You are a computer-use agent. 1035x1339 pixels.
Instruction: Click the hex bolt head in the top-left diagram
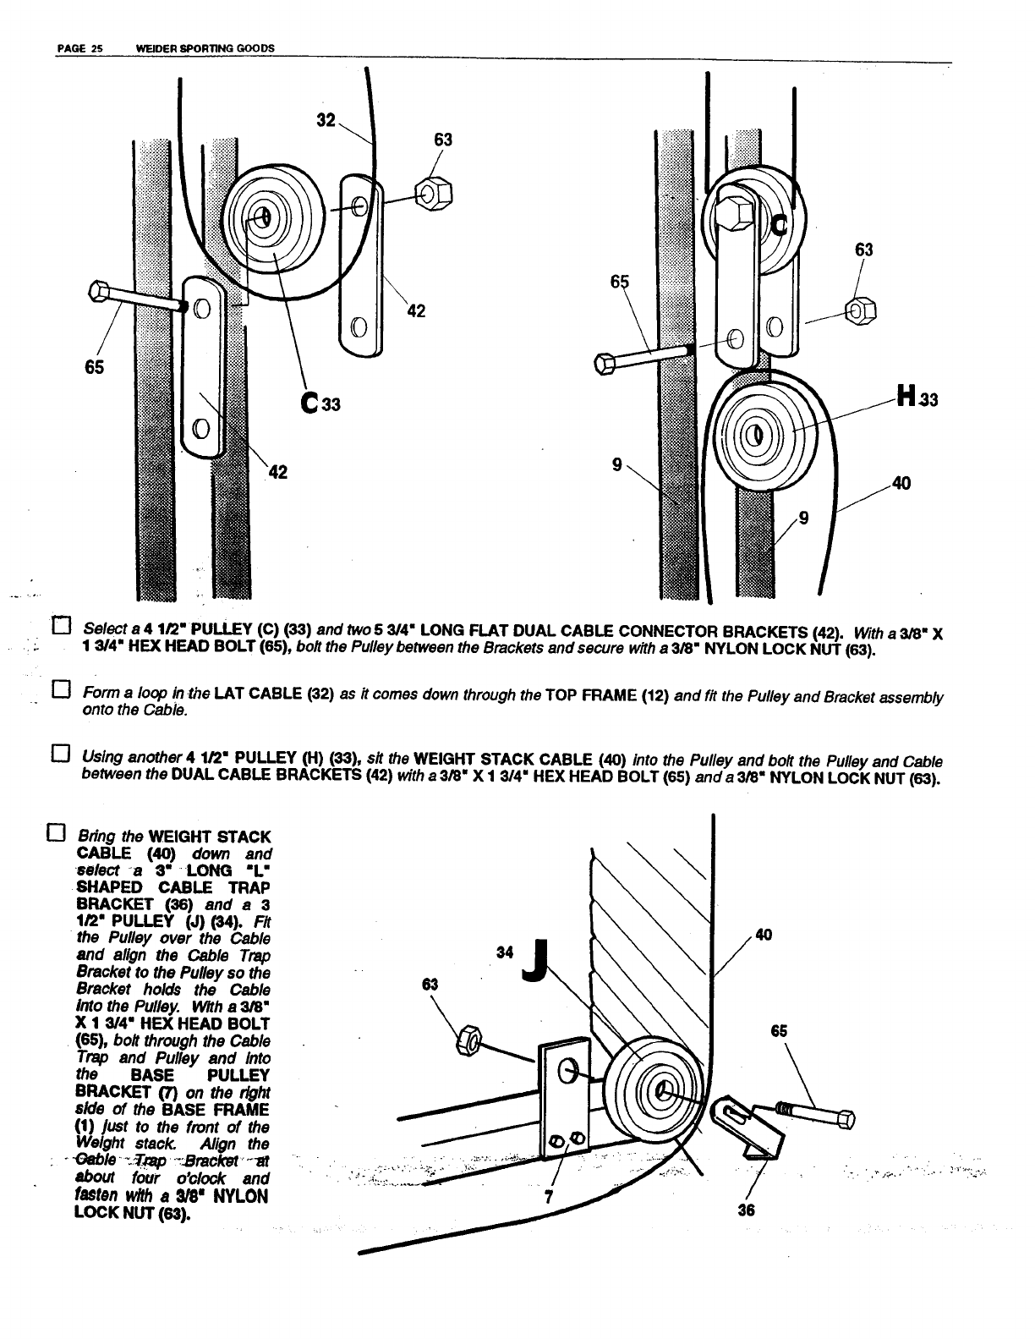[98, 293]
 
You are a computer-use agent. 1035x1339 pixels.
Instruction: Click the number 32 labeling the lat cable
[326, 121]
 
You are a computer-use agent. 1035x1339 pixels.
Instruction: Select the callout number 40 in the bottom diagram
[763, 935]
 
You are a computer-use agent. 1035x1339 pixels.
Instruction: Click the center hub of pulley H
[758, 434]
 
